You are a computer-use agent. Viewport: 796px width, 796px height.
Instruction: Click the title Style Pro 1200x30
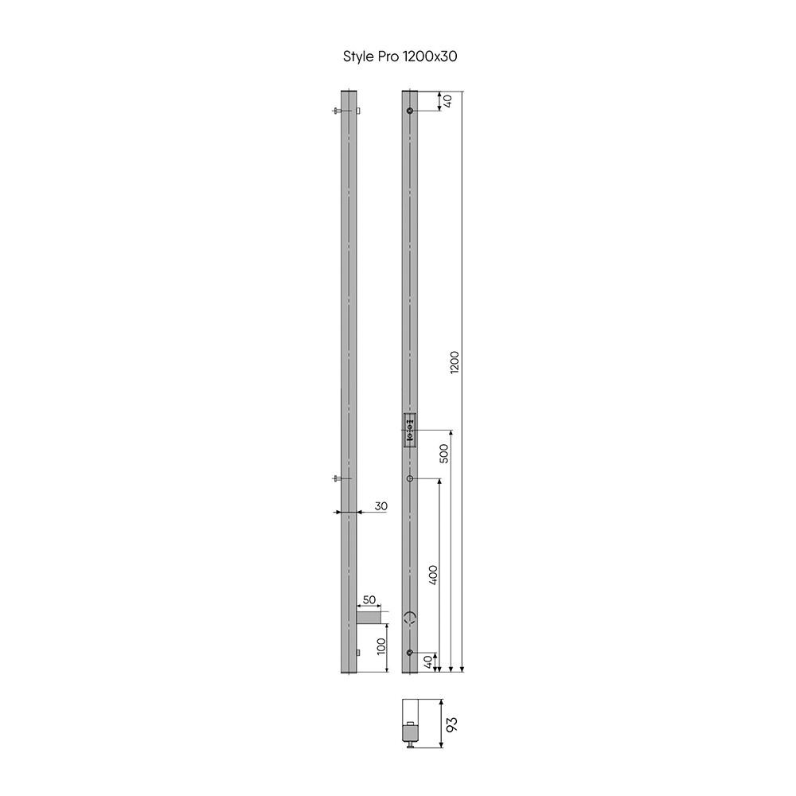point(400,57)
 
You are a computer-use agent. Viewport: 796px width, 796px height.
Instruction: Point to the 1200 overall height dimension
point(455,362)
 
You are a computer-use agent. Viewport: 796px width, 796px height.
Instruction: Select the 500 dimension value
point(443,454)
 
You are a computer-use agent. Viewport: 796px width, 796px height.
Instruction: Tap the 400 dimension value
point(432,576)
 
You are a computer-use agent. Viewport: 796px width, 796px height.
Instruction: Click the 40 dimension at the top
point(447,101)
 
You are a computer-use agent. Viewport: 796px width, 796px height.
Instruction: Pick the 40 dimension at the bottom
point(428,662)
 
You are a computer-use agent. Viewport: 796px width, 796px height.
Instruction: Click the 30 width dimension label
point(380,506)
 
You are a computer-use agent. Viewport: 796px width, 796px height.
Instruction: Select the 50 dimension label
point(369,599)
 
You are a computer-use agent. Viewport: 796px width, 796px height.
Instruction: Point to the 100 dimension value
point(382,646)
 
